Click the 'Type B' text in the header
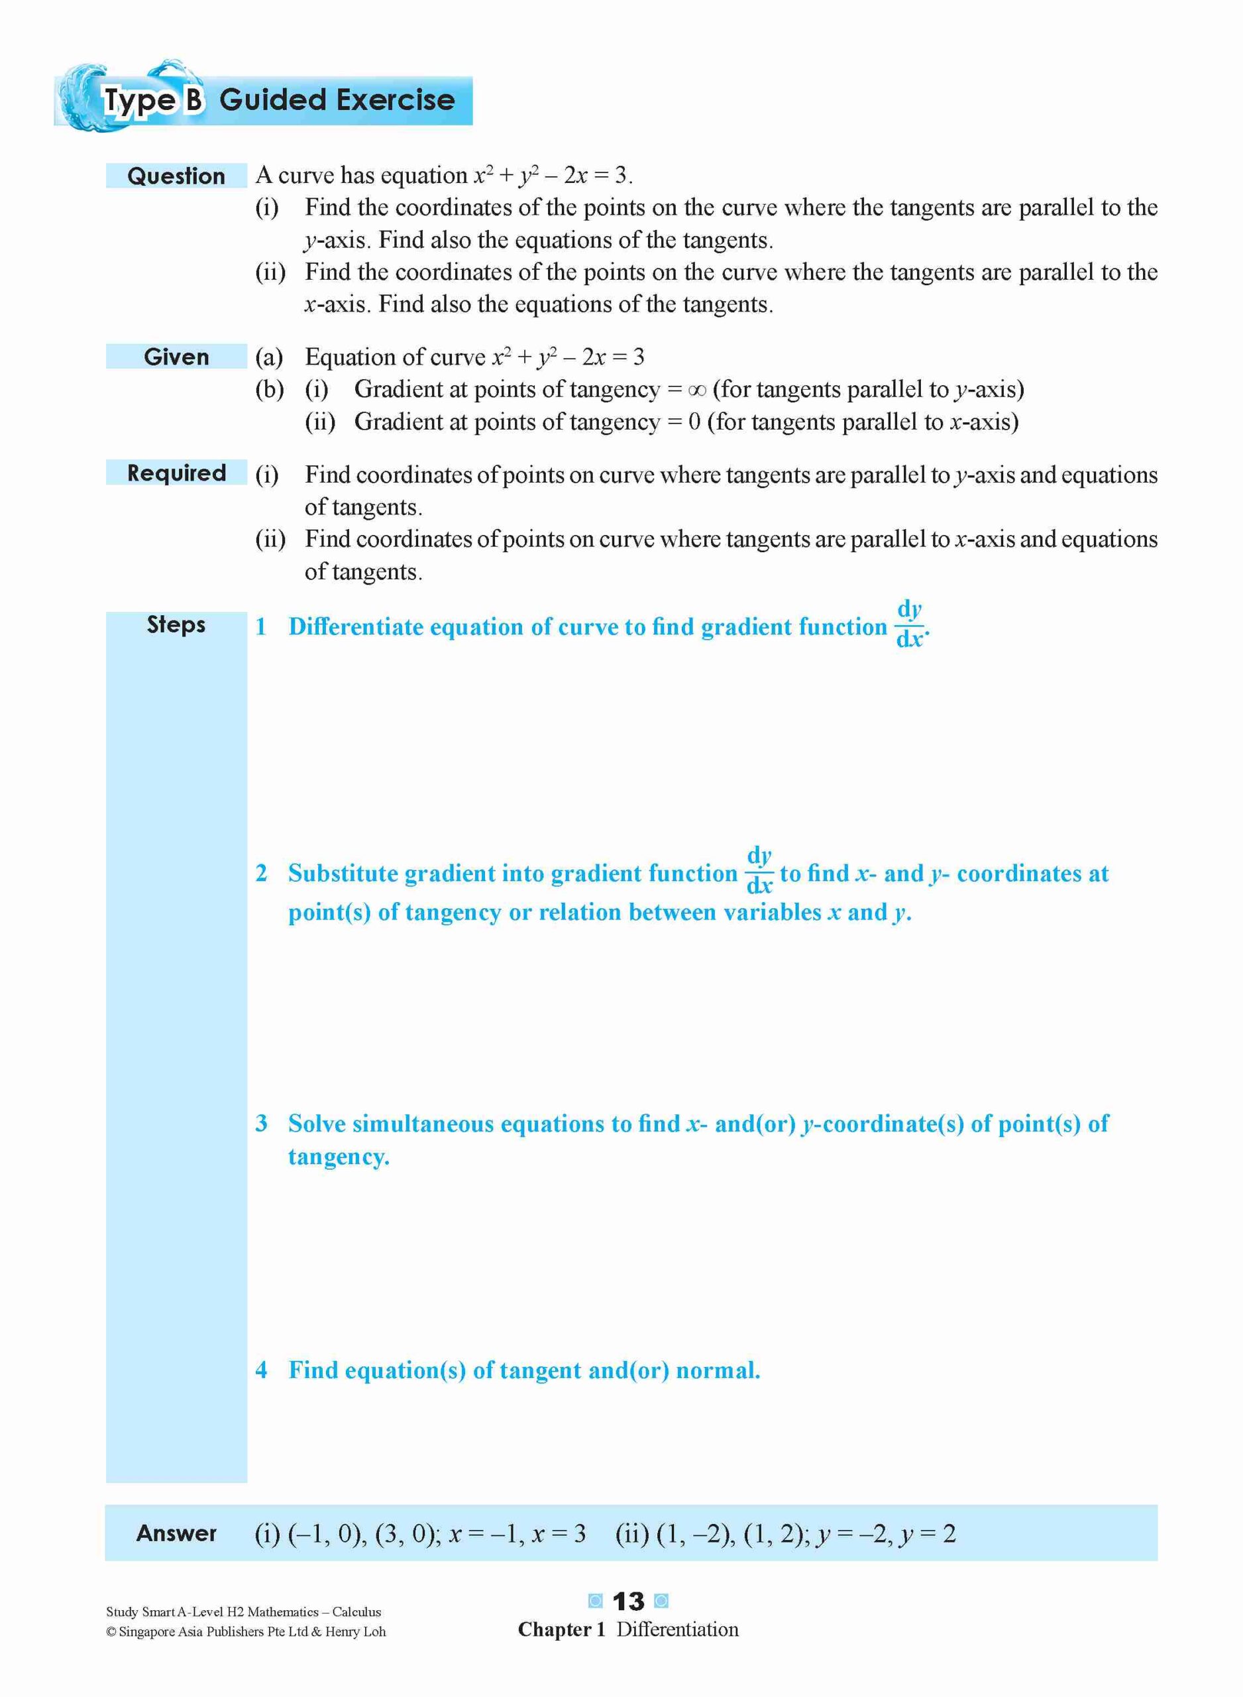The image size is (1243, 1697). point(154,101)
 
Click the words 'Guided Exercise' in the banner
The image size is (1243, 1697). point(337,100)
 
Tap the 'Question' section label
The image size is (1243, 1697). point(176,176)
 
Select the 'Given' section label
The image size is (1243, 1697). point(176,357)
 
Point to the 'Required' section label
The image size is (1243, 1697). point(176,473)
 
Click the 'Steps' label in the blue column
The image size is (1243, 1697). point(176,624)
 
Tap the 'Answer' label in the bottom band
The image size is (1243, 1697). point(176,1534)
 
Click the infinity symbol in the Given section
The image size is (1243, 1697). point(697,390)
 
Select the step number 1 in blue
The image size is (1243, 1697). point(261,627)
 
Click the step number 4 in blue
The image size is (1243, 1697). point(261,1370)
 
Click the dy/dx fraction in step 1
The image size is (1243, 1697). point(910,624)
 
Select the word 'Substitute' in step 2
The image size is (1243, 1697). point(343,873)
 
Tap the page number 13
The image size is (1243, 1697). point(629,1602)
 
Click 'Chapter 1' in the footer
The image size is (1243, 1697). point(561,1630)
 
